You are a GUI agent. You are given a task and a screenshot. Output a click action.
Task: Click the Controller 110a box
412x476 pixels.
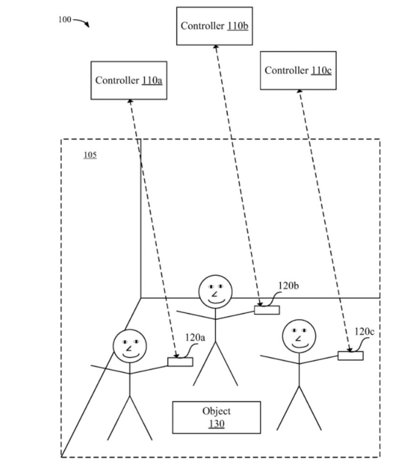coord(129,80)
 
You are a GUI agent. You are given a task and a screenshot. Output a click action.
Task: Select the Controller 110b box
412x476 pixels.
coord(214,26)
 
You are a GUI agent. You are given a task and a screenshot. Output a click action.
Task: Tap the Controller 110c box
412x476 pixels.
coord(298,71)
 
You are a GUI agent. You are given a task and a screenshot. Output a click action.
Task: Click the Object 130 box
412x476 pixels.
coord(216,417)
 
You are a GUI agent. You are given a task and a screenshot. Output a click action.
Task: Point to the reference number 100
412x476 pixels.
coord(65,20)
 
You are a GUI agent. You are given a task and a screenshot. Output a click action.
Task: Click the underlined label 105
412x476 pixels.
coord(90,155)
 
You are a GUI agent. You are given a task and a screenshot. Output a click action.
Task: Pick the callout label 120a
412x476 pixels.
coord(195,338)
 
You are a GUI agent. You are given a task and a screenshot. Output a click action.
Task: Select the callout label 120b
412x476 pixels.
coord(288,285)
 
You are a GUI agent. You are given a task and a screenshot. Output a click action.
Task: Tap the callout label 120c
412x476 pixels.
coord(365,331)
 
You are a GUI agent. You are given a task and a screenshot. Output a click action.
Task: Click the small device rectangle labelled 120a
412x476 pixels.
coord(180,362)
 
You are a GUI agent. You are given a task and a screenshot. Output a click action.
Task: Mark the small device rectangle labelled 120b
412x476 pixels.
coord(267,310)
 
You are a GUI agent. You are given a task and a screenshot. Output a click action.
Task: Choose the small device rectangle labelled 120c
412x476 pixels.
coord(351,356)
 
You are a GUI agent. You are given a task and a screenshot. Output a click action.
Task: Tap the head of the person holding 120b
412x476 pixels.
coord(215,291)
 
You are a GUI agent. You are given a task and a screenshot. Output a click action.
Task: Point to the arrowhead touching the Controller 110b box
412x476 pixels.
coord(216,47)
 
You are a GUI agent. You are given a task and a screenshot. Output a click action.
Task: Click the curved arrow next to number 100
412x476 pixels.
coord(82,22)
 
